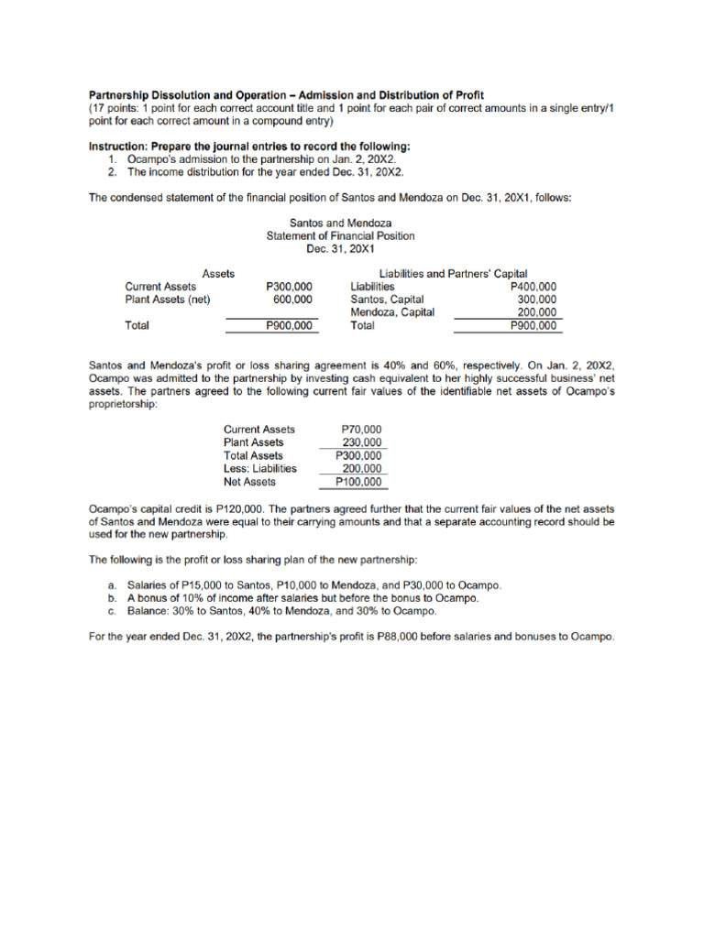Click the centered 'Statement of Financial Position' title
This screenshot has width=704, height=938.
point(340,235)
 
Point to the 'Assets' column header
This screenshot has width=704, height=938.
point(218,273)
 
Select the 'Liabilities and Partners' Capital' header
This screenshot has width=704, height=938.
point(453,273)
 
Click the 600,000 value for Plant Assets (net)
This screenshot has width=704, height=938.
point(292,299)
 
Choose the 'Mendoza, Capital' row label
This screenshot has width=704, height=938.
point(392,311)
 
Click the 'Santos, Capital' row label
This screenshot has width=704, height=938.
point(387,299)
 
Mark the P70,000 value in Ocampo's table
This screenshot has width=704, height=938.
point(361,429)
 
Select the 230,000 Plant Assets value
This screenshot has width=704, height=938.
point(362,442)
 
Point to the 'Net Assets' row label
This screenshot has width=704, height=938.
point(249,481)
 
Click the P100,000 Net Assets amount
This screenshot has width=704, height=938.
point(359,481)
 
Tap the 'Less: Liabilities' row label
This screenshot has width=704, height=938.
point(260,468)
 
